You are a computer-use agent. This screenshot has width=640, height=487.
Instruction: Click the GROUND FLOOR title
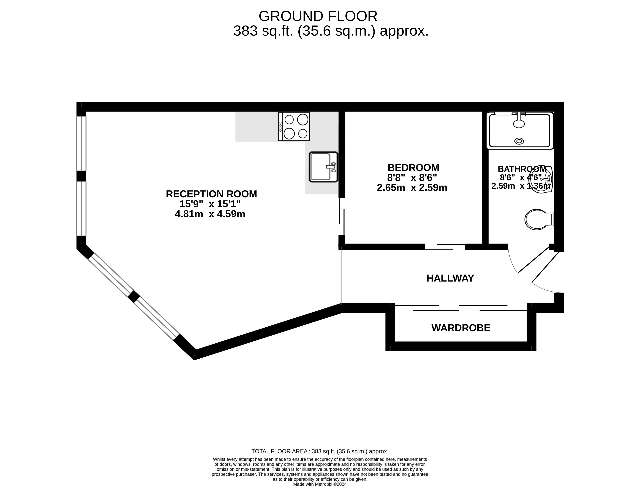tap(318, 16)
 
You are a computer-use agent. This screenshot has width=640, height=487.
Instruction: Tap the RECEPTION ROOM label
tap(211, 194)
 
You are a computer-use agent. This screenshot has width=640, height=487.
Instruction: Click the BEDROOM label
tap(413, 167)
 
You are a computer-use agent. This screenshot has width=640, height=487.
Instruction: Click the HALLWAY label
tap(450, 278)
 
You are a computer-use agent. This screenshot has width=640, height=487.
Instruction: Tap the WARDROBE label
tap(461, 328)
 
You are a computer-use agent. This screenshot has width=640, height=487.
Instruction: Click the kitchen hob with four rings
tap(294, 126)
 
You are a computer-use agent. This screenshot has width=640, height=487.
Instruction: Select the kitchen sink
tap(323, 167)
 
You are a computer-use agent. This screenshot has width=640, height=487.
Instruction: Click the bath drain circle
tap(519, 141)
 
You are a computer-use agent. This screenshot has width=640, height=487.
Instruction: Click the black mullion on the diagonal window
tap(134, 297)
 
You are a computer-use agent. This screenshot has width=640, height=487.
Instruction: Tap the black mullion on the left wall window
tap(81, 176)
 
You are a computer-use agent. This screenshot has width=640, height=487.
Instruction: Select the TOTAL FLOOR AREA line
tap(320, 451)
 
